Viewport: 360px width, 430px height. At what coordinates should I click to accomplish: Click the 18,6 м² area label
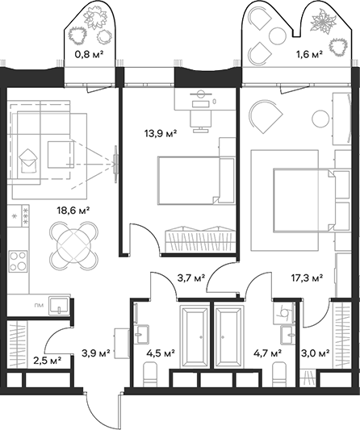[x=73, y=211]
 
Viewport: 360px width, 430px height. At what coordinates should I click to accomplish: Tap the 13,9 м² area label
[x=161, y=134]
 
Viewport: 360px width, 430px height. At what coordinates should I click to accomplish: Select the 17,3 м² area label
[x=307, y=278]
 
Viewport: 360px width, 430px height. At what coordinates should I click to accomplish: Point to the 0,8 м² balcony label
[x=89, y=55]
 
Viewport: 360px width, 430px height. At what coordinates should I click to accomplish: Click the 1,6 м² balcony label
[x=308, y=54]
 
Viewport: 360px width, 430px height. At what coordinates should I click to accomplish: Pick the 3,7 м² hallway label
[x=191, y=278]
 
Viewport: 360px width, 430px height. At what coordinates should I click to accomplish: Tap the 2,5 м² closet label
[x=48, y=361]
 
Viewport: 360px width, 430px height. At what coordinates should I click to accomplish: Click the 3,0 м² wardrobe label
[x=316, y=354]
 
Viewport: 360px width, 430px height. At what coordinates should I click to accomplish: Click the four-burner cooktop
[x=18, y=261]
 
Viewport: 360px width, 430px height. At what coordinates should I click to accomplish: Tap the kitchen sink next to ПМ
[x=58, y=306]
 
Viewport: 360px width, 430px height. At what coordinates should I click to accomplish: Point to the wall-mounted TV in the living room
[x=115, y=164]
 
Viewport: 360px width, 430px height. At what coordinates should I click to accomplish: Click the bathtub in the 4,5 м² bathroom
[x=194, y=336]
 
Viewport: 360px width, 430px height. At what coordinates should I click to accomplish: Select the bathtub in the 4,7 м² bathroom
[x=229, y=336]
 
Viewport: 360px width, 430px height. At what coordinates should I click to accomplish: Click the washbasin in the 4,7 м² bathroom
[x=287, y=334]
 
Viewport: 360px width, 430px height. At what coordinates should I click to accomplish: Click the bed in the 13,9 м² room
[x=189, y=180]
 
